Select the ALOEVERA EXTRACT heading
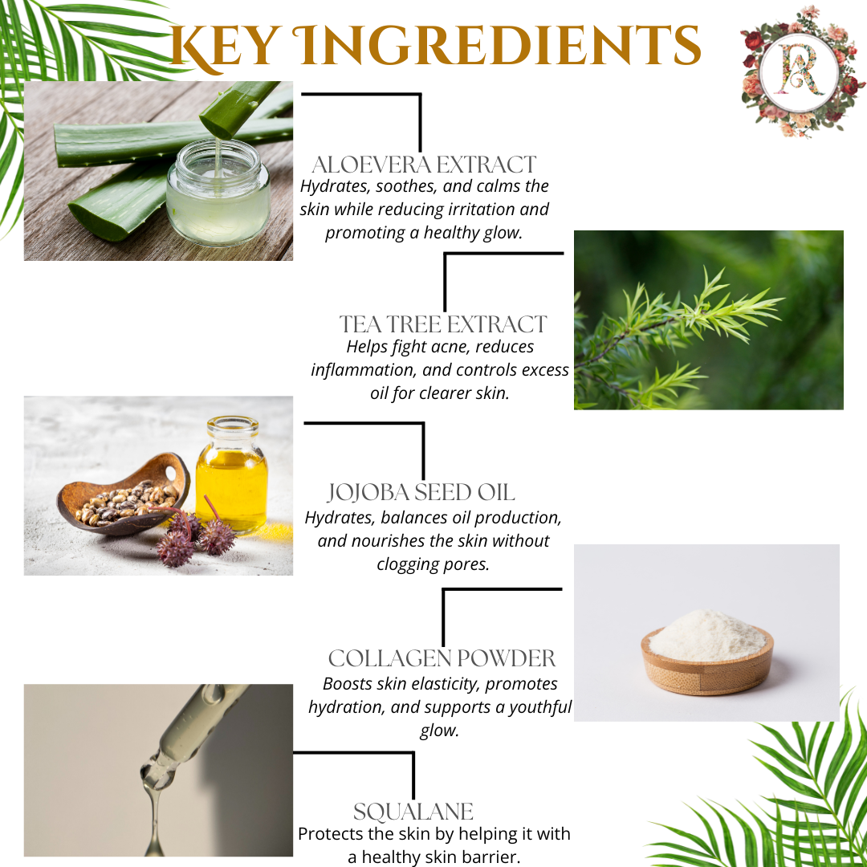coord(423,165)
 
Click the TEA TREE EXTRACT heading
coord(442,324)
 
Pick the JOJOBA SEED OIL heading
coord(421,491)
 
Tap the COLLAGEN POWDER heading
coord(442,658)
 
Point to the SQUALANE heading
coord(413,811)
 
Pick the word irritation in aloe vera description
coord(495,210)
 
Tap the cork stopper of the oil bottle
coord(232,423)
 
